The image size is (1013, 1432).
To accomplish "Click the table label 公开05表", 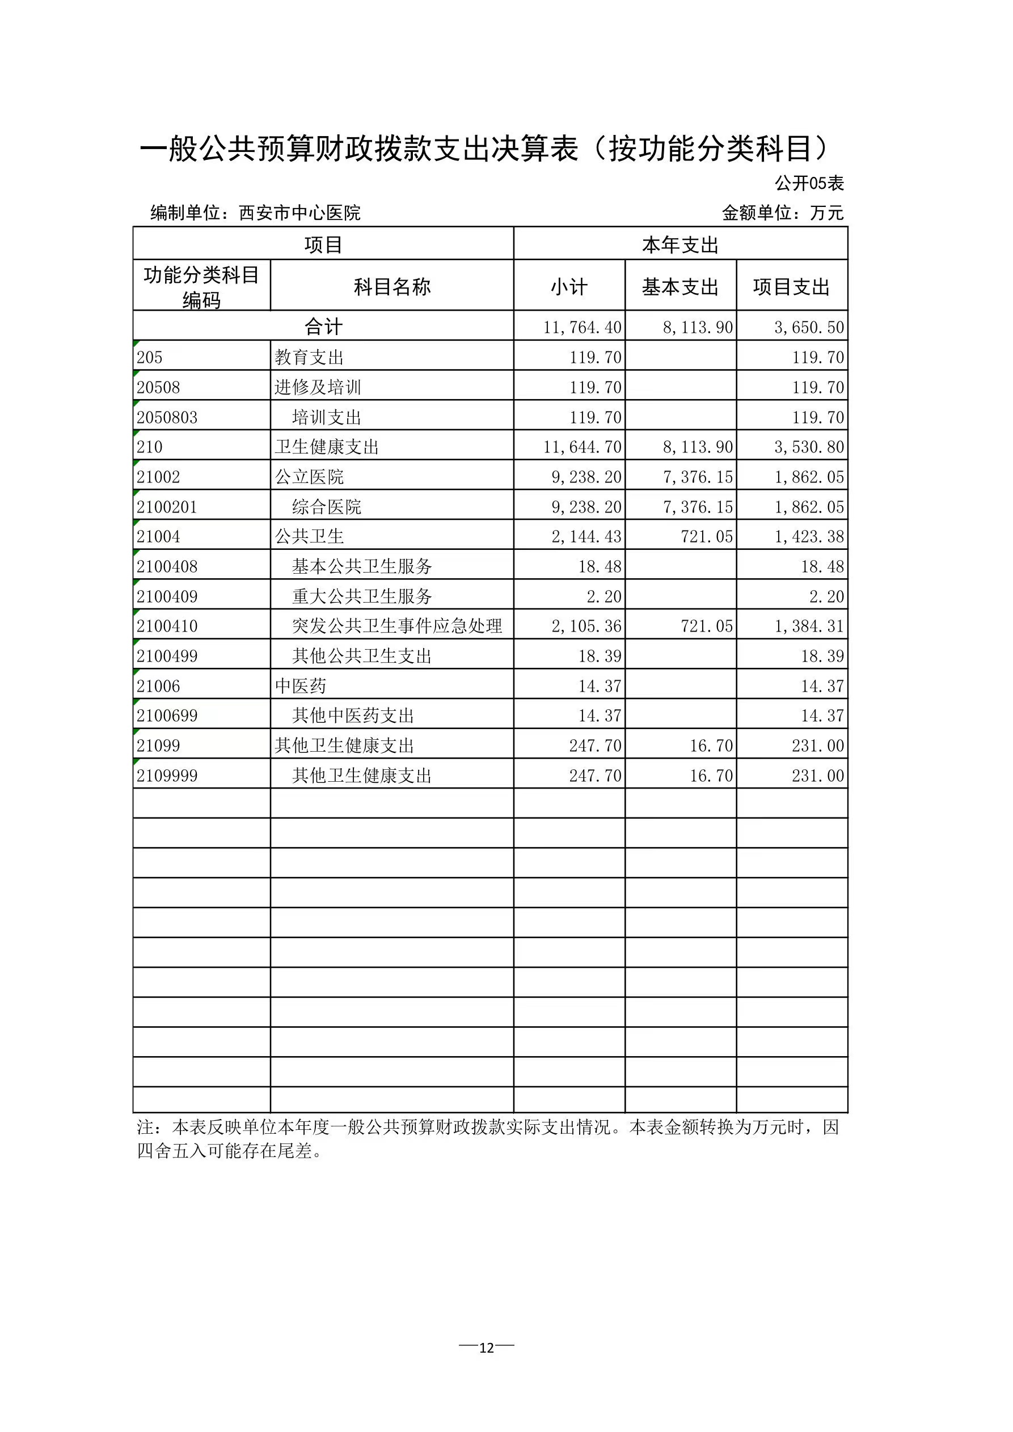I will click(809, 183).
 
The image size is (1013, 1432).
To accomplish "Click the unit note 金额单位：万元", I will click(782, 213).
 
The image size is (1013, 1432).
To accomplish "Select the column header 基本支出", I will click(680, 287).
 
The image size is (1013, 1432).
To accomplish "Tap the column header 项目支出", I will click(791, 287).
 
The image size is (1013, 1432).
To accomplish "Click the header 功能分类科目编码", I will click(201, 287).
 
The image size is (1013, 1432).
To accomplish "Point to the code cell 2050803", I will click(167, 417).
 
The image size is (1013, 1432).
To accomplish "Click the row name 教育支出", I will click(309, 357).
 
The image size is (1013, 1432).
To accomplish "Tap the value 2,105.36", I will click(586, 626).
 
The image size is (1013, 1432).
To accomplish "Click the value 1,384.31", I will click(809, 626).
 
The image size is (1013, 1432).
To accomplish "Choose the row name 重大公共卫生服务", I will click(362, 596).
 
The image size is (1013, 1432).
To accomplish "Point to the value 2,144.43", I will click(586, 536).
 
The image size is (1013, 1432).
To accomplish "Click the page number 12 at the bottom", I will click(486, 1347).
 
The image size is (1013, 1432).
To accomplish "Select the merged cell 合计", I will click(323, 326).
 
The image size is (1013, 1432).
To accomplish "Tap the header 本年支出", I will click(680, 244).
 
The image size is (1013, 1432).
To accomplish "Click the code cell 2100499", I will click(167, 656).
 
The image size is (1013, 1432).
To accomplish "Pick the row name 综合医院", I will click(327, 506).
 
